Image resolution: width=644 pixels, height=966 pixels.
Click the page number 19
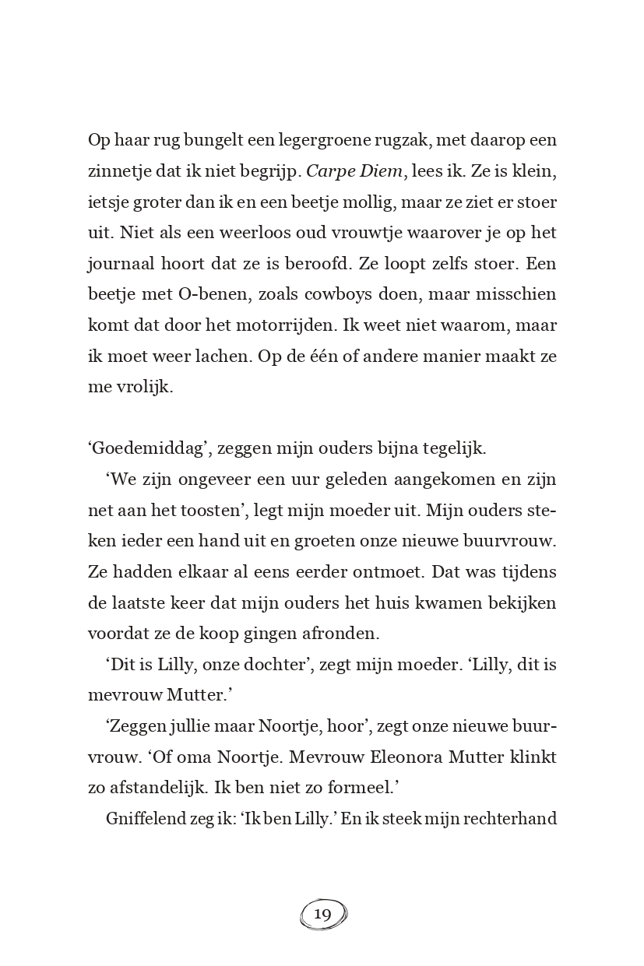coord(322,914)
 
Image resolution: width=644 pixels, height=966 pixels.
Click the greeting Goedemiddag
coord(150,448)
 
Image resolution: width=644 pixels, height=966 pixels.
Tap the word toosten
coord(207,510)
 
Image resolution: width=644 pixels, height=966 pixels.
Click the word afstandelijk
coord(160,788)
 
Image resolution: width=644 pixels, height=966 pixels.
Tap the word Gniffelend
coord(146,819)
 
